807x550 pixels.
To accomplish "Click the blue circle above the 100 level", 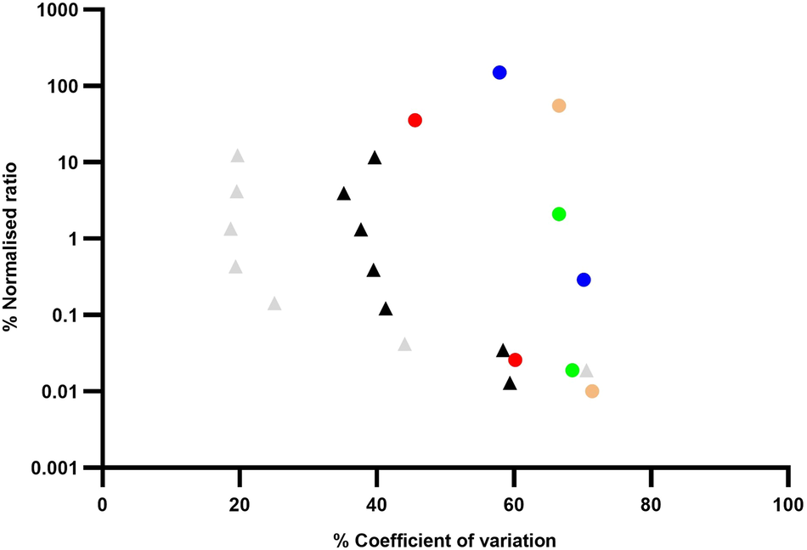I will (499, 72).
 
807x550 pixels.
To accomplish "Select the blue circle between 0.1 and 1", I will (584, 280).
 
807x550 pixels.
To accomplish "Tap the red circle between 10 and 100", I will (415, 120).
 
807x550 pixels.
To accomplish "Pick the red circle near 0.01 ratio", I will (515, 360).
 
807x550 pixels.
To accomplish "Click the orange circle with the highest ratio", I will (559, 105).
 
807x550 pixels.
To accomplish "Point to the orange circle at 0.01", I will (592, 391).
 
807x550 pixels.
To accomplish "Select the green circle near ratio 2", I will (559, 214).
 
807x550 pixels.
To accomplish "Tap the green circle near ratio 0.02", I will (572, 370).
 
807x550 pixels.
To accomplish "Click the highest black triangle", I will (375, 158).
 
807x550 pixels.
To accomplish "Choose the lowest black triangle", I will (510, 384).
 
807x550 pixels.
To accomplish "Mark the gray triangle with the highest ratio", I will (238, 156).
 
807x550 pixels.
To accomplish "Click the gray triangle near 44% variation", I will (404, 344).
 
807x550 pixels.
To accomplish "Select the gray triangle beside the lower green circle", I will (586, 371).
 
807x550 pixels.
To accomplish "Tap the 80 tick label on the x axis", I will (650, 502).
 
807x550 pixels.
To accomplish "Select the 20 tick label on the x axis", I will (240, 502).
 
